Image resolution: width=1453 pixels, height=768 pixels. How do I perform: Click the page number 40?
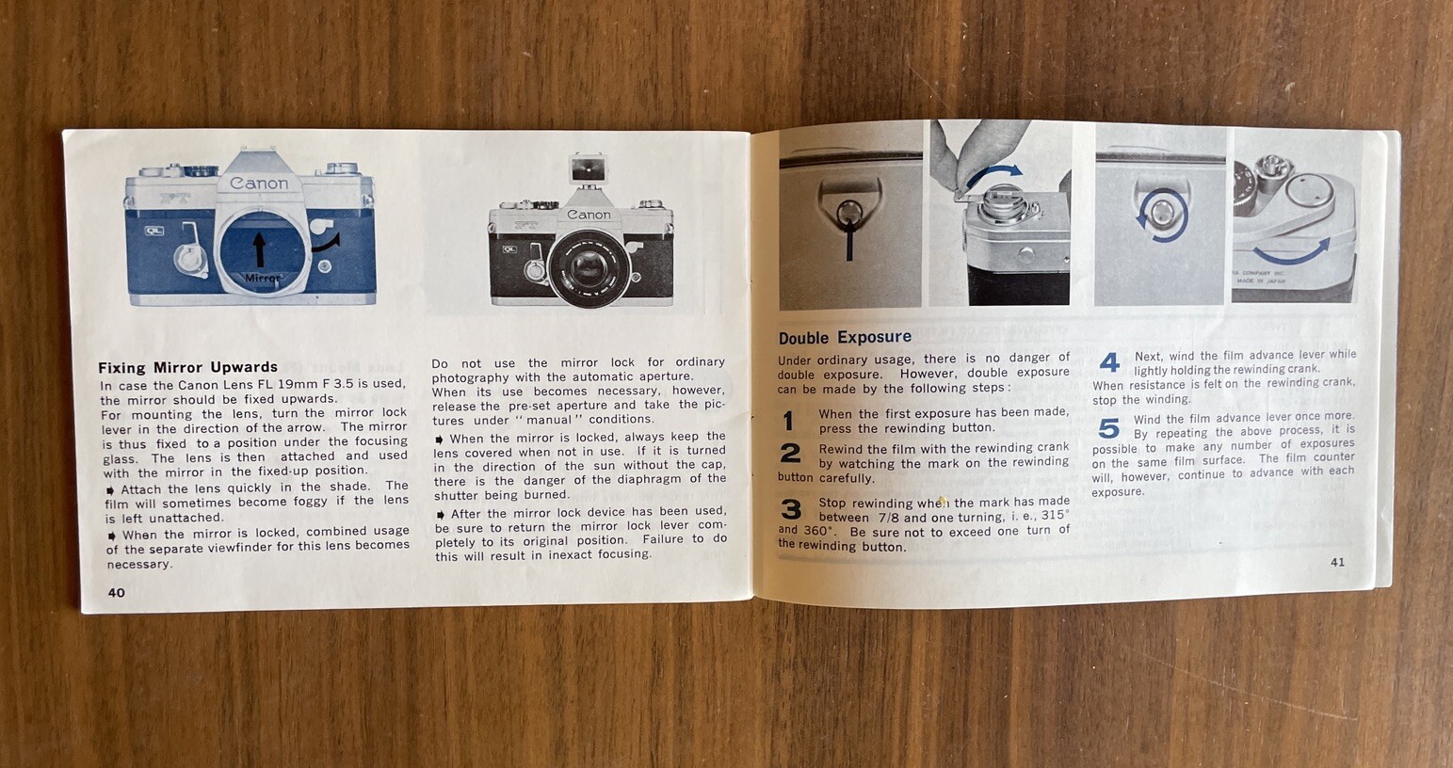coord(117,592)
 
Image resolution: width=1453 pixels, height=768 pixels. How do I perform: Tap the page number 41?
coord(1337,563)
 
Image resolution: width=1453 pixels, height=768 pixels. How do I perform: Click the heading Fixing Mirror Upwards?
coord(188,367)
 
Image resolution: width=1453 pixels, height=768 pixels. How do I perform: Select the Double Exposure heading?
coord(845,338)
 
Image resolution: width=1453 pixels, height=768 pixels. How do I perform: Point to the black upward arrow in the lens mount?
coord(260,250)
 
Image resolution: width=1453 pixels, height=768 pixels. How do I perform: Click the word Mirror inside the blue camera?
coord(262,279)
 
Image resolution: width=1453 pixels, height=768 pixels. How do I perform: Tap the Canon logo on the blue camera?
coord(259,184)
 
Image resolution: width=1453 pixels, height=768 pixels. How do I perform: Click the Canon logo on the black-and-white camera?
coord(589,215)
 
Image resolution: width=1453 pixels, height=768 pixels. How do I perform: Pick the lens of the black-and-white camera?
coord(589,267)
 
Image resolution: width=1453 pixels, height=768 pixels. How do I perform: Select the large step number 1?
coord(789,422)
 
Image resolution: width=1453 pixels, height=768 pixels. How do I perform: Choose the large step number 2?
coord(791,453)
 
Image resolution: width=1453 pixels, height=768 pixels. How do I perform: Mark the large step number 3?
coord(791,509)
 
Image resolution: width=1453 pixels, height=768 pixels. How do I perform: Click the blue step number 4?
coord(1110,362)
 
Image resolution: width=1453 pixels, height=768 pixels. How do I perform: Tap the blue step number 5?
coord(1109,428)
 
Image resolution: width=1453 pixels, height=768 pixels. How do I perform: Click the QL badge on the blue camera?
coord(154,231)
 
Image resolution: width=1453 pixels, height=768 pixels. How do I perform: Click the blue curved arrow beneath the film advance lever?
coord(1291,257)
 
